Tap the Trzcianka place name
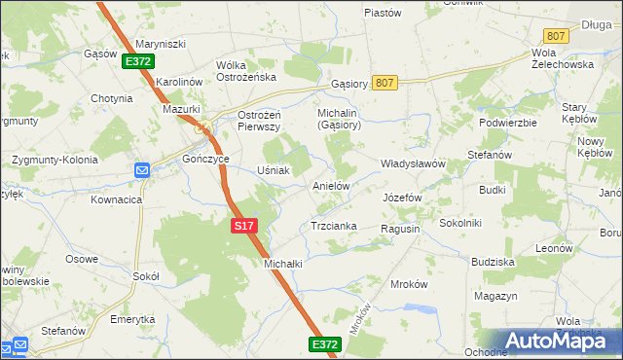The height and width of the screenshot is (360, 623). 333,226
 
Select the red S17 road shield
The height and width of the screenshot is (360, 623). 245,226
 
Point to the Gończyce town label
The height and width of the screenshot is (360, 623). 205,159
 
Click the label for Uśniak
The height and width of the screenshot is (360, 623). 273,170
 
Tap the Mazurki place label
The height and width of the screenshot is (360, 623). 180,110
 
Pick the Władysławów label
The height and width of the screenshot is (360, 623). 412,164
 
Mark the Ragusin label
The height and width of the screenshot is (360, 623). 400,228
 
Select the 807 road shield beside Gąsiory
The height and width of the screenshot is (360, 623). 384,84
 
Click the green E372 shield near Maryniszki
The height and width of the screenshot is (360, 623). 137,61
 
